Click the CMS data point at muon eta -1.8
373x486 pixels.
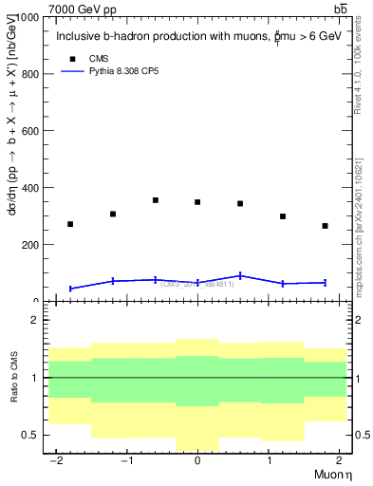(70, 224)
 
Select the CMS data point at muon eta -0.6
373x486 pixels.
(155, 200)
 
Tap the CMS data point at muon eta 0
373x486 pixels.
(197, 202)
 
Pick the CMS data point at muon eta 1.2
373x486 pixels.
(283, 216)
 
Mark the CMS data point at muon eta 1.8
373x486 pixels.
(325, 226)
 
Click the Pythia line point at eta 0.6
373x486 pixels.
(240, 275)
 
